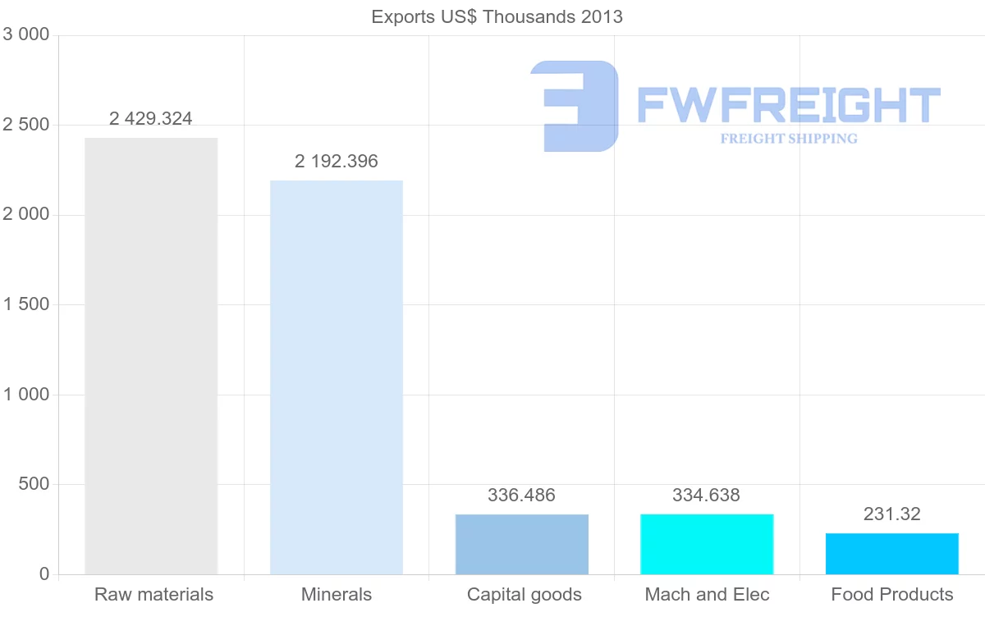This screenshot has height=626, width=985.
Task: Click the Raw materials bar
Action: pos(151,356)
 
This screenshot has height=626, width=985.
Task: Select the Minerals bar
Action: pos(337,377)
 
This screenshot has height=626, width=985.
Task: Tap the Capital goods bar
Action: pos(522,544)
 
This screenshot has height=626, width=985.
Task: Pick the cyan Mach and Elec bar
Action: pos(707,544)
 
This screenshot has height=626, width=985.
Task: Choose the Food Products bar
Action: pos(892,554)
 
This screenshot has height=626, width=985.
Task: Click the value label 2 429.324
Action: pos(151,119)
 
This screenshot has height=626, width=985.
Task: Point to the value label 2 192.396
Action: pos(337,162)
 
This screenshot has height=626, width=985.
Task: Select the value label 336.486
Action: pos(522,496)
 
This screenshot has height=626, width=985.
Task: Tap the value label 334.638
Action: pos(707,496)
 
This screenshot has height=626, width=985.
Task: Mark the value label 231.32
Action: pos(892,514)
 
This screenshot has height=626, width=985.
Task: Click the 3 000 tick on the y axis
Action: pos(26,34)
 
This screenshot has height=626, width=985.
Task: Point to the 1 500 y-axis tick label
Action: pos(26,304)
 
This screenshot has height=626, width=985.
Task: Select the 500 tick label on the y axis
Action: pos(34,484)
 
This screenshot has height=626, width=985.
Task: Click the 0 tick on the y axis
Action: pos(44,574)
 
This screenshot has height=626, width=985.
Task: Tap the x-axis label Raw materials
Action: pos(153,595)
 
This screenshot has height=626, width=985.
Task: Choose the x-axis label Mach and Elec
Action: pos(707,595)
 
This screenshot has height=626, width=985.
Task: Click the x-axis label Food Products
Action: pos(892,595)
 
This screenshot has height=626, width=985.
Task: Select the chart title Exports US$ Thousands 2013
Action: pos(497,16)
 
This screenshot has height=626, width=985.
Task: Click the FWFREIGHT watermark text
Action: pos(788,105)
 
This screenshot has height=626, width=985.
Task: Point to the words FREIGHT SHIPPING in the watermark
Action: pos(789,139)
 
